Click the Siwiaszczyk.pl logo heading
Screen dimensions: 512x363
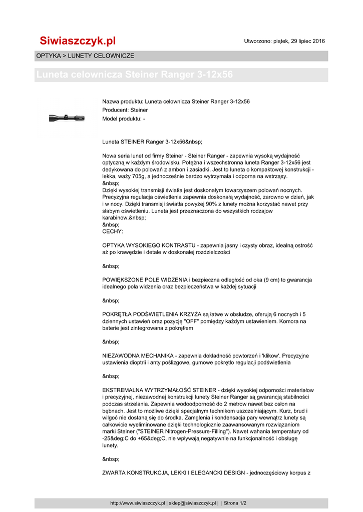tap(78, 40)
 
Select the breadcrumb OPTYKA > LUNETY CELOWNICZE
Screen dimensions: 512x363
tap(85, 56)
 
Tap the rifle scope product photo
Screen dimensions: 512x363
tap(67, 118)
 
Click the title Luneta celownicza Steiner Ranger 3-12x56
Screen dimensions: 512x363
tap(135, 75)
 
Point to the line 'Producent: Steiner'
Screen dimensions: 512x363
tap(125, 110)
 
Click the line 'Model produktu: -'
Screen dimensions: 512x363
tap(124, 118)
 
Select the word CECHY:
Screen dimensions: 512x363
tap(112, 232)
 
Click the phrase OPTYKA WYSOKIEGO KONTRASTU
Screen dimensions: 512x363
tap(149, 245)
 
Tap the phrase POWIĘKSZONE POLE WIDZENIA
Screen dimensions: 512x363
tap(145, 279)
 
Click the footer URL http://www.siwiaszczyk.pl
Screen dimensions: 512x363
tap(138, 503)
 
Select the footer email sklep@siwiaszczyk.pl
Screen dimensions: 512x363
tap(192, 503)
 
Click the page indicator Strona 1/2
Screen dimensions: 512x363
tap(235, 503)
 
